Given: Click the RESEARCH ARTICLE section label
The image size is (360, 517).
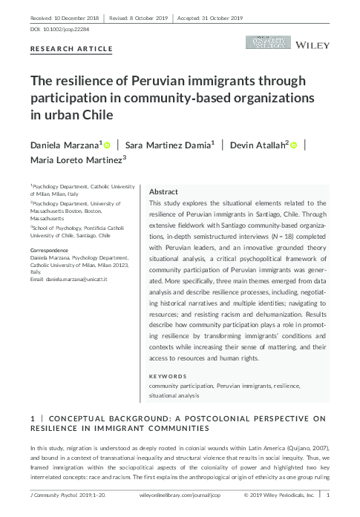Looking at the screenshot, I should [x=71, y=49].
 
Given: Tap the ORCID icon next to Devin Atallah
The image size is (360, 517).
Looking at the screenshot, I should [x=294, y=145].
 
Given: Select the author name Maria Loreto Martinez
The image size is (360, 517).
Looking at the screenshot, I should [x=75, y=159].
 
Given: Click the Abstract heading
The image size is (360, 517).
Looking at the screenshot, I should [x=163, y=191].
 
